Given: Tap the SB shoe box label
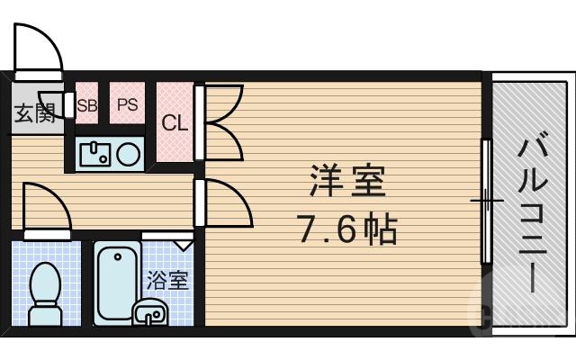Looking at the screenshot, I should (86, 104).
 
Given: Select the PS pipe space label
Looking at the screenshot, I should (127, 104).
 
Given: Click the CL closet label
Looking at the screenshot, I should (175, 123).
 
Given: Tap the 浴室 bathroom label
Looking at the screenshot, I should (167, 279).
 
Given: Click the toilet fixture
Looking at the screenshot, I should (43, 292).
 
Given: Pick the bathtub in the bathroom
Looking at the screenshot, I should (115, 279).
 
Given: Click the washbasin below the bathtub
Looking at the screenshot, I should (149, 313).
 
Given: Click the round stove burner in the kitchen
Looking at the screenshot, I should (128, 154).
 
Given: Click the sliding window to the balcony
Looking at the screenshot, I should (487, 200).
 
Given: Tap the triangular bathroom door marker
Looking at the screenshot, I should (183, 243).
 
